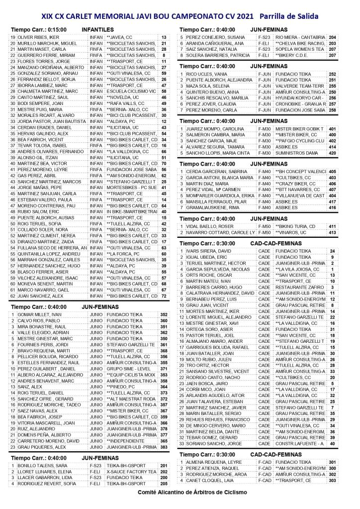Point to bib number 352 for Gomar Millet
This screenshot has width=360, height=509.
pos(164,315)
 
